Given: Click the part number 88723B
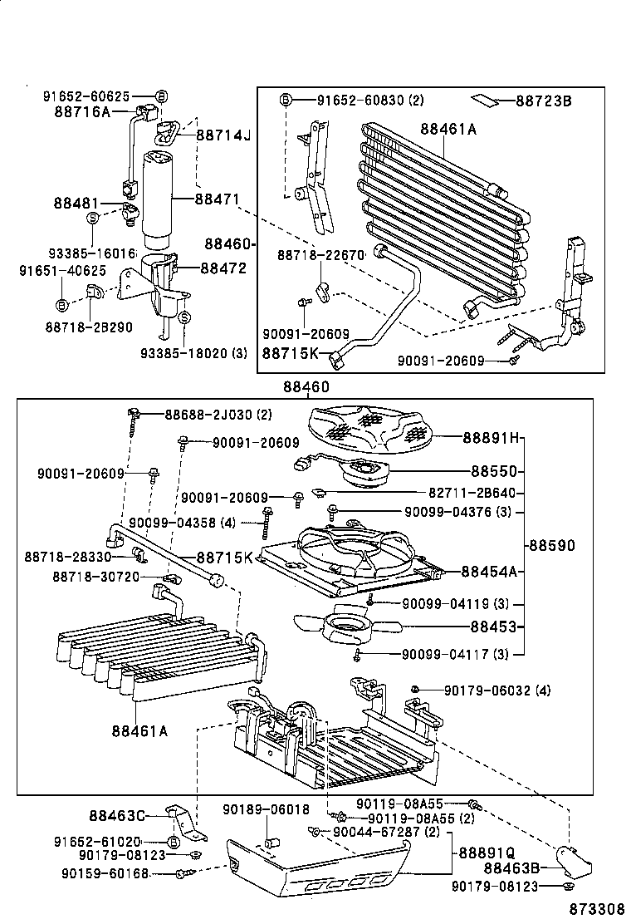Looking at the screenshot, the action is [543, 101].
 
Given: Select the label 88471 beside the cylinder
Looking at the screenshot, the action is [217, 199].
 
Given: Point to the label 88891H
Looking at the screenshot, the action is [492, 437].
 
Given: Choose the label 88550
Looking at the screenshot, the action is [494, 471].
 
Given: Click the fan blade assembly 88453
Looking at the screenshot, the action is [347, 626].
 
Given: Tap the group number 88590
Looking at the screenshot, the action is [551, 545].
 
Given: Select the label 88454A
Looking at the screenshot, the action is [489, 571].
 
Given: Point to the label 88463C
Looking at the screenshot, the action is [117, 816].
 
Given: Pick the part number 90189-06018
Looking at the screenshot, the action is [266, 809].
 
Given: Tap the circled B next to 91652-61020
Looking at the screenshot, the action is [173, 842].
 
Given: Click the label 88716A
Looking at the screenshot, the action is [82, 112].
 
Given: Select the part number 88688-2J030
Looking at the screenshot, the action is [209, 415].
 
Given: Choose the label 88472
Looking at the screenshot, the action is [223, 268].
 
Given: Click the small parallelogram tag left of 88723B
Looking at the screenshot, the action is [487, 101].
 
